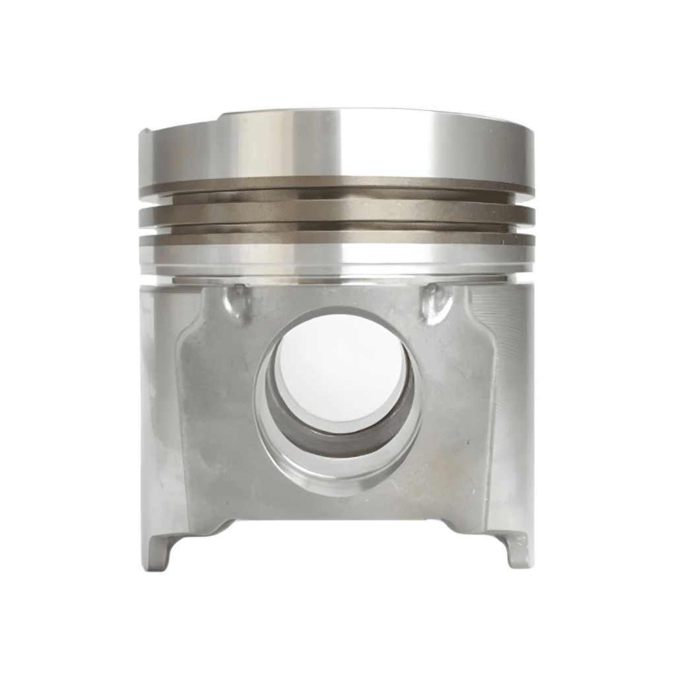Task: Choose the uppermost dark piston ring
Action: click(x=337, y=184)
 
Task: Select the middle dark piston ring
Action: click(x=337, y=212)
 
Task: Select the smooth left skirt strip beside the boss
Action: click(x=158, y=396)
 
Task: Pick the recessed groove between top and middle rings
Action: click(x=337, y=199)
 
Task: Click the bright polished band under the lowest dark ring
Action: click(x=337, y=257)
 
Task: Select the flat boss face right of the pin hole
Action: click(x=456, y=409)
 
